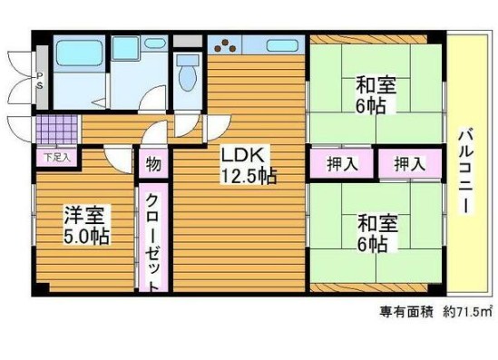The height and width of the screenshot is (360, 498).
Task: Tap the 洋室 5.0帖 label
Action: (86, 225)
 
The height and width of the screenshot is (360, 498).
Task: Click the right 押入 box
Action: (409, 165)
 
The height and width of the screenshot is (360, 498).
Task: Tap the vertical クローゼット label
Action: (153, 240)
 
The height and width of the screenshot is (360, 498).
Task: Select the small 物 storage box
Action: (152, 165)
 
